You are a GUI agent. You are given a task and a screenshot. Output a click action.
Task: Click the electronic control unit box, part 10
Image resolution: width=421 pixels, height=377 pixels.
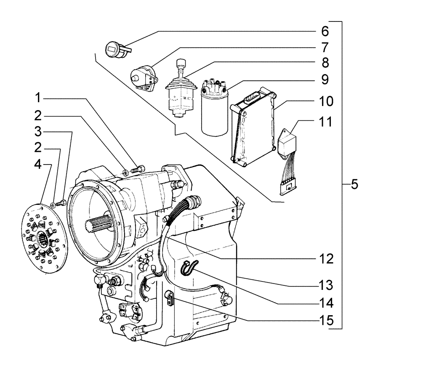click(x=253, y=126)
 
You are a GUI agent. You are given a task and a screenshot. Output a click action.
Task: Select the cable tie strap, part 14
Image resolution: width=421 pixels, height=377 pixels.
click(x=188, y=268)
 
